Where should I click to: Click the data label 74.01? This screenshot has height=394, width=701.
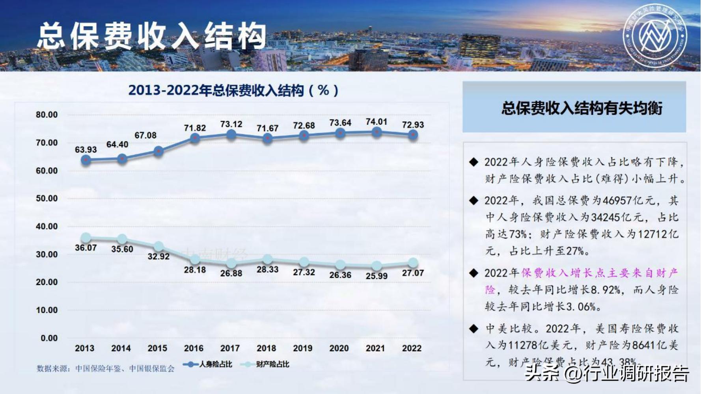(x=377, y=122)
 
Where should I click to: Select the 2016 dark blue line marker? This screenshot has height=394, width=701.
(x=195, y=138)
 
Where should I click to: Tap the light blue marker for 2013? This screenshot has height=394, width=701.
(x=86, y=238)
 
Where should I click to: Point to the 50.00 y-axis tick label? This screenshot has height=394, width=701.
(x=47, y=199)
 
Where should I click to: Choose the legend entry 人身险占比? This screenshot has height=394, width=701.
(x=208, y=364)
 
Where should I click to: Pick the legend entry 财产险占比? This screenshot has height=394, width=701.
(x=266, y=364)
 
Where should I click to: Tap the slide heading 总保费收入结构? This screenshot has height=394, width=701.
(x=152, y=36)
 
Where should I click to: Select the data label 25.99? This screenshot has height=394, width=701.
(x=377, y=276)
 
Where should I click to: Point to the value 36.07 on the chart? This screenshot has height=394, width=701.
(x=86, y=248)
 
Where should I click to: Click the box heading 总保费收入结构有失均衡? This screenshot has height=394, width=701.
(x=582, y=108)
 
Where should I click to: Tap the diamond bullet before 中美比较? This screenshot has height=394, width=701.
(x=474, y=329)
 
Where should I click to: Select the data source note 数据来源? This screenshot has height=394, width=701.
(x=105, y=369)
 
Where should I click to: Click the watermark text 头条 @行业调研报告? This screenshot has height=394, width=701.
(x=607, y=373)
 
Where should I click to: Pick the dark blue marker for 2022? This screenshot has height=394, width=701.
(x=413, y=135)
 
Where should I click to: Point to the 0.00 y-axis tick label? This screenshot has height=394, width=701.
(x=49, y=338)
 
